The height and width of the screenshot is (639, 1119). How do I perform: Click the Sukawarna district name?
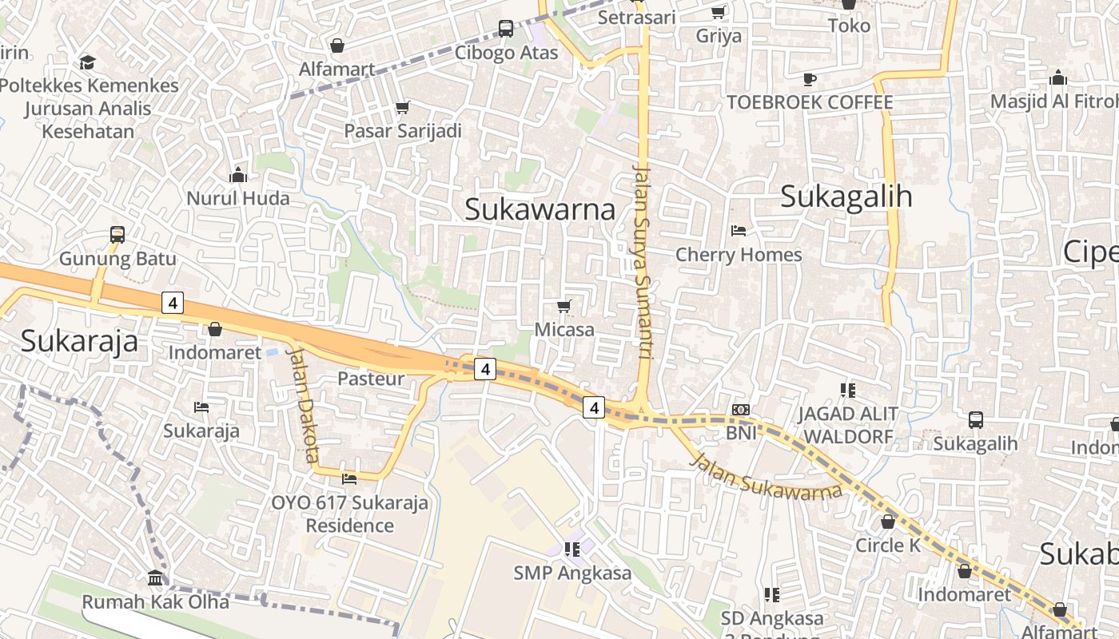[x=540, y=209]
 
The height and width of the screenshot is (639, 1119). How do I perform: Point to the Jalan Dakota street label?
[x=302, y=404]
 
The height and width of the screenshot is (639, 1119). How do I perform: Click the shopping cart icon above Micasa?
[x=564, y=306]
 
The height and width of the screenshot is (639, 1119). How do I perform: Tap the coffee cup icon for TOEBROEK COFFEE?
[x=810, y=79]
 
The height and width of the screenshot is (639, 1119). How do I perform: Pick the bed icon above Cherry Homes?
[x=739, y=231]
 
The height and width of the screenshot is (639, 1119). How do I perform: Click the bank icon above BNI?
[x=741, y=410]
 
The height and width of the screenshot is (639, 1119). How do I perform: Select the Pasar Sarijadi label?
[x=403, y=130]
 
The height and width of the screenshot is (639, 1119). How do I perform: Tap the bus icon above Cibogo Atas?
[x=506, y=29]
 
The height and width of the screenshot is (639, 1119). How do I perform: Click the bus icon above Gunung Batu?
[x=117, y=235]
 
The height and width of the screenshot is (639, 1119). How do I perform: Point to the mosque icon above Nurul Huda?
[x=238, y=174]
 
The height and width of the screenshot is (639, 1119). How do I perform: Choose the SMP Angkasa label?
[x=572, y=573]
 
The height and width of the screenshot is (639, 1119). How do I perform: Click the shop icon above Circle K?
[x=888, y=522]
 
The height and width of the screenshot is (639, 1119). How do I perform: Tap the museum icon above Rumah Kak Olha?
[x=155, y=577]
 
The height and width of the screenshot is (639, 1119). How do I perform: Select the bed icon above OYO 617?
[x=349, y=478]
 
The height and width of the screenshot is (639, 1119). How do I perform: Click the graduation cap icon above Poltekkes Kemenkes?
[x=88, y=62]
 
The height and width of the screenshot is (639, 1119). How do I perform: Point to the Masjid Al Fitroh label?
[x=1053, y=101]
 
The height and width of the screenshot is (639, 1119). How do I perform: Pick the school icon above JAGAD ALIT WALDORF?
[x=848, y=390]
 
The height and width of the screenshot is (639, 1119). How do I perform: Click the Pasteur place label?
[x=371, y=378]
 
